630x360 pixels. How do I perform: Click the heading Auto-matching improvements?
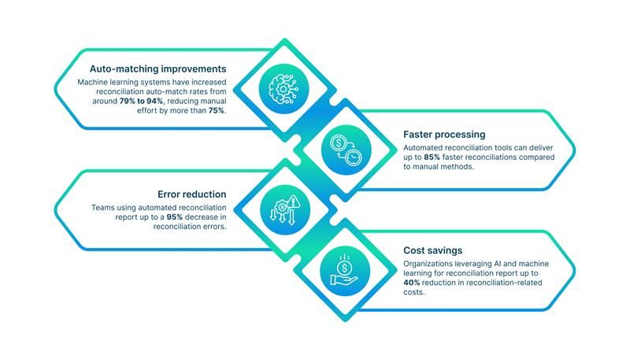tap(157, 69)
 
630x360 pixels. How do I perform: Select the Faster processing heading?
tap(444, 134)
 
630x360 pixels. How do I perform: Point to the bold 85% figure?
tap(431, 157)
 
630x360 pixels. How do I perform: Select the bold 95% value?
tap(177, 217)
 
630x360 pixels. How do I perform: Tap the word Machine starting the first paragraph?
tap(92, 82)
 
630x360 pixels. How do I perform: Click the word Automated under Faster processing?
tap(424, 147)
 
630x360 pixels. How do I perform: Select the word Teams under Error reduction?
tap(103, 207)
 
